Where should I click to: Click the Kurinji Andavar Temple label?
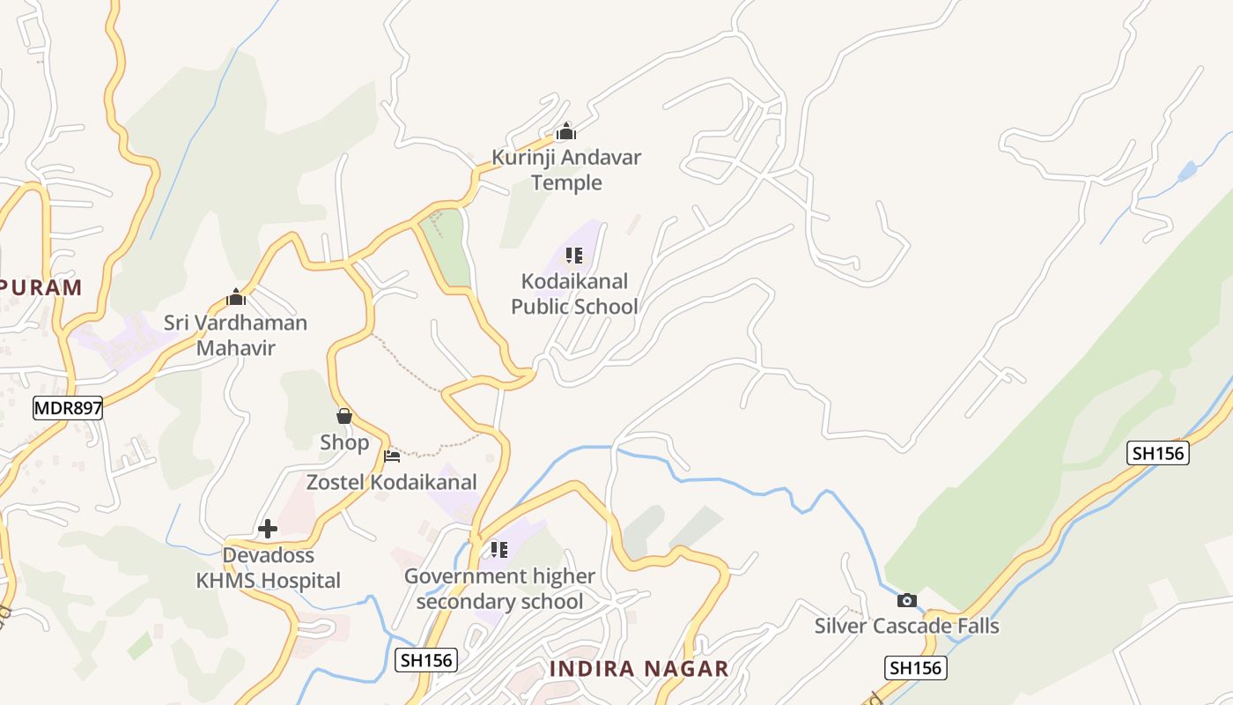[x=566, y=170]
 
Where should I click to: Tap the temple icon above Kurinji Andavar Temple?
[x=565, y=133]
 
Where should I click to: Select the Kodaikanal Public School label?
[x=574, y=293]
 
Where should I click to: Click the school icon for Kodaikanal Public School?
[x=574, y=256]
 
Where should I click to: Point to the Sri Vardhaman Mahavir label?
[x=236, y=335]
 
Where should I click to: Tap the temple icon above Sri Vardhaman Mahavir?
[x=235, y=297]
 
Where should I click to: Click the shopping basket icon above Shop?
[x=344, y=416]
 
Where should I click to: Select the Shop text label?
[x=344, y=442]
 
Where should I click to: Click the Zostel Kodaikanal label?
[x=391, y=482]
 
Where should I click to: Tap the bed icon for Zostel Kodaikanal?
[x=392, y=456]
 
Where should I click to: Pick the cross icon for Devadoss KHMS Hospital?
[x=268, y=529]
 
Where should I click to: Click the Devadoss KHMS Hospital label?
[x=268, y=568]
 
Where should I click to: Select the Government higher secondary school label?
[x=499, y=589]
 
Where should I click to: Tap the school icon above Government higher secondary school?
[x=499, y=551]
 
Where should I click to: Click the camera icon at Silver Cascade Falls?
[x=906, y=600]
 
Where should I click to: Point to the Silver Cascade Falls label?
[x=906, y=626]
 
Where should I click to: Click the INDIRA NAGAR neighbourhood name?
[x=639, y=669]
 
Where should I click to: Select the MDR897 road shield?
[x=68, y=408]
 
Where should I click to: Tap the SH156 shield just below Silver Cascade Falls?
[x=915, y=667]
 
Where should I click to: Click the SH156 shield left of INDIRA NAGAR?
[x=426, y=659]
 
